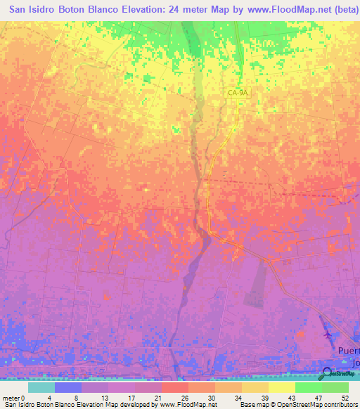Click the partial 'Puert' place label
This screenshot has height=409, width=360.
(347, 350)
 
